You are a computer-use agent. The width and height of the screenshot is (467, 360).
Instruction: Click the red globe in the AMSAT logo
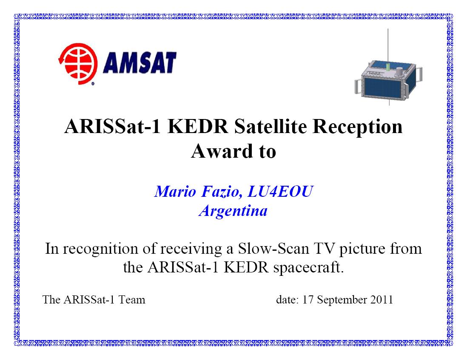[x=78, y=64]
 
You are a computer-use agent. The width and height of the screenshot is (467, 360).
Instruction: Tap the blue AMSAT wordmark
[x=140, y=63]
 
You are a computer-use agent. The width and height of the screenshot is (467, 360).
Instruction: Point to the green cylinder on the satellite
[x=388, y=66]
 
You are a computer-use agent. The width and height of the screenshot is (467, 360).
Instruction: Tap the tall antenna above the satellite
[x=388, y=45]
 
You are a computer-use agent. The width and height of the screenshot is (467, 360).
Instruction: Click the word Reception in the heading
[x=357, y=127]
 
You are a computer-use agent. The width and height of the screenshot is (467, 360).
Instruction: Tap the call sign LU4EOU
[x=280, y=191]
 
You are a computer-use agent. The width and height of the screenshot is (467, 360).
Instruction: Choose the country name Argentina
[x=233, y=211]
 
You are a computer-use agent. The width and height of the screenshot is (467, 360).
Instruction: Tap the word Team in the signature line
[x=132, y=300]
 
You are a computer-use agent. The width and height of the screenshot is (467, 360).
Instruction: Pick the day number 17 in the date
[x=308, y=300]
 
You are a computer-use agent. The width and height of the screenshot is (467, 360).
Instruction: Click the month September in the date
[x=342, y=300]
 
